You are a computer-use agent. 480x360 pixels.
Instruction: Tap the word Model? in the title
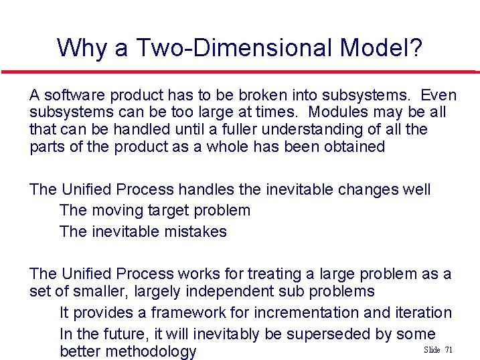(x=381, y=48)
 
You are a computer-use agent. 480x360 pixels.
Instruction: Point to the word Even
(x=439, y=95)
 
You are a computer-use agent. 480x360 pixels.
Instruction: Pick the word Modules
(x=339, y=112)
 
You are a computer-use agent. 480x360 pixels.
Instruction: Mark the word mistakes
(x=194, y=232)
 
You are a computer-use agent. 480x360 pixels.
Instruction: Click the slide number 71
(x=449, y=350)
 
